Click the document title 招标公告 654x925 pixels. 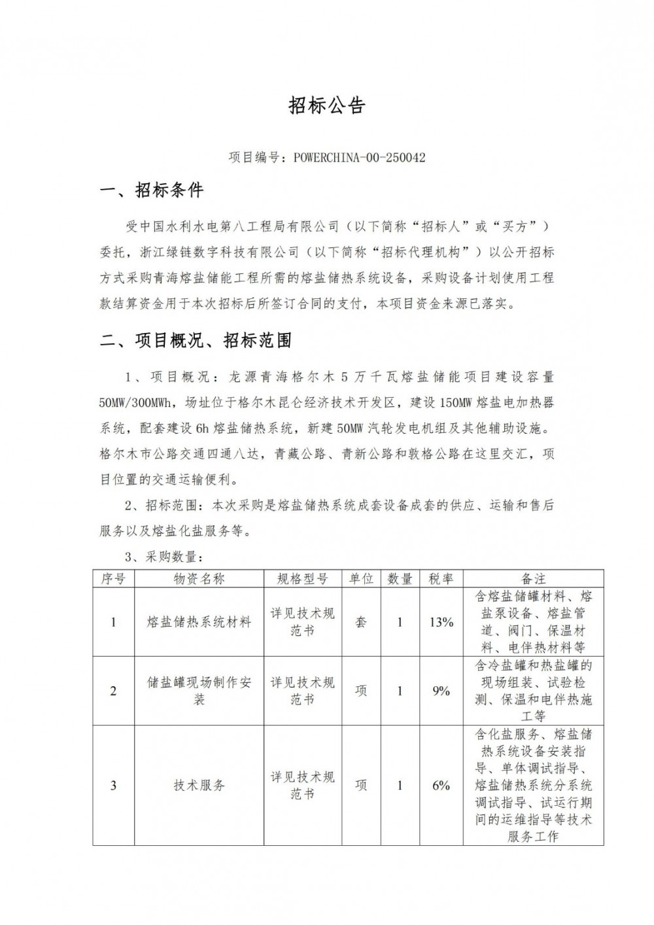pyautogui.click(x=326, y=106)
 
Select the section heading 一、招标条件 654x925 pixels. pyautogui.click(x=151, y=191)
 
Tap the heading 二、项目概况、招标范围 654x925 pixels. pyautogui.click(x=195, y=341)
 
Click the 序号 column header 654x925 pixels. pyautogui.click(x=113, y=578)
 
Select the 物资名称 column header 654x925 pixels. pyautogui.click(x=199, y=578)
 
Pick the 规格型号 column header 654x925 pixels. pyautogui.click(x=303, y=578)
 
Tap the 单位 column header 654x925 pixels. pyautogui.click(x=361, y=578)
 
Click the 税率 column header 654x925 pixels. pyautogui.click(x=441, y=578)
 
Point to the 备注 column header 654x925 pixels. pyautogui.click(x=533, y=578)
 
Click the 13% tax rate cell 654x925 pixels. pyautogui.click(x=441, y=622)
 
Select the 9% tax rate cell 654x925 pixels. pyautogui.click(x=441, y=691)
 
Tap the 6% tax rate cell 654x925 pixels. pyautogui.click(x=441, y=785)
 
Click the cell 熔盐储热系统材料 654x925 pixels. pyautogui.click(x=199, y=622)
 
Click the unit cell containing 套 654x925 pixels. pyautogui.click(x=361, y=622)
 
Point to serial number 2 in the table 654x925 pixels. pyautogui.click(x=113, y=691)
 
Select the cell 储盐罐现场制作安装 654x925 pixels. pyautogui.click(x=199, y=691)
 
